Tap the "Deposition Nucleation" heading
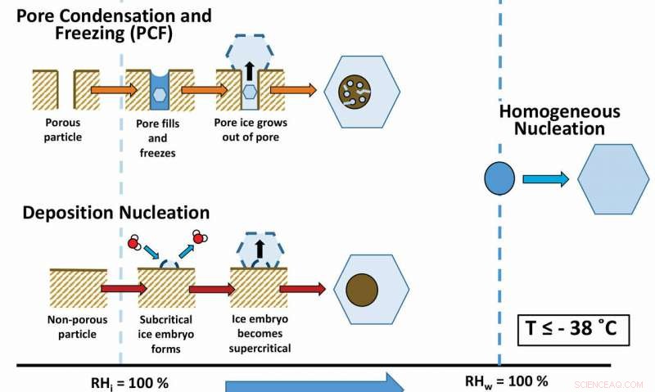tap(115, 213)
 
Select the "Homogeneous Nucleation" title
tap(559, 119)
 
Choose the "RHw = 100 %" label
tap(506, 381)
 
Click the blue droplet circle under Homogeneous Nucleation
tap(499, 178)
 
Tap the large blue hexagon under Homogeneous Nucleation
tap(613, 178)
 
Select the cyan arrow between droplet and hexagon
tap(545, 179)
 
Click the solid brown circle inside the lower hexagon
tap(362, 291)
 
